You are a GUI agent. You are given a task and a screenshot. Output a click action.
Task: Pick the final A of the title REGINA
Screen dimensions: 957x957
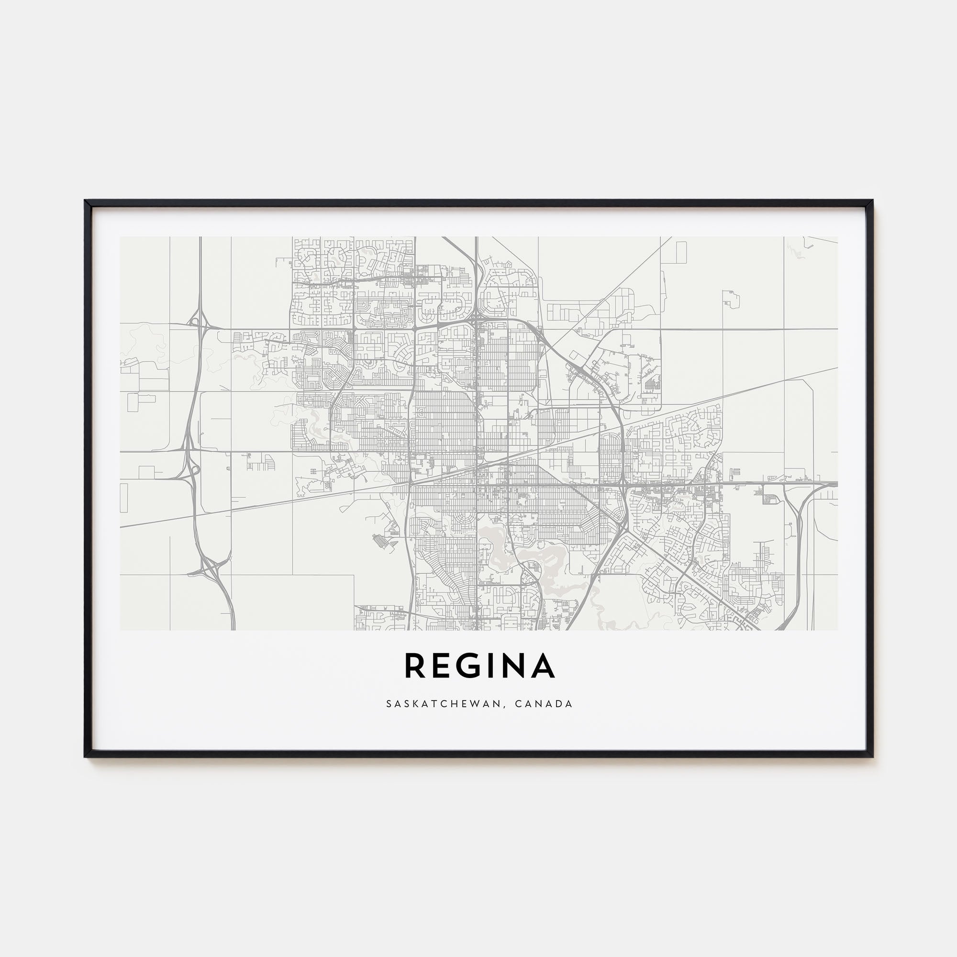coord(544,665)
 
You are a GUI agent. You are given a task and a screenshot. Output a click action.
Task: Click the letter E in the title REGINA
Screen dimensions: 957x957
coord(442,665)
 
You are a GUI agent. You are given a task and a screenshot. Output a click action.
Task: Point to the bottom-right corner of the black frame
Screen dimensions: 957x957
coord(871,757)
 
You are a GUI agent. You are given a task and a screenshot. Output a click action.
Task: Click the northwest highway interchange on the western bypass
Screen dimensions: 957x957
coord(200,323)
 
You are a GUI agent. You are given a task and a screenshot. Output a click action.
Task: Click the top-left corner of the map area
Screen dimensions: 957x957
coord(121,237)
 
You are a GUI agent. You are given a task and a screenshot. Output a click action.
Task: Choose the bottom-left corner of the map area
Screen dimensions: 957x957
coord(121,630)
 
